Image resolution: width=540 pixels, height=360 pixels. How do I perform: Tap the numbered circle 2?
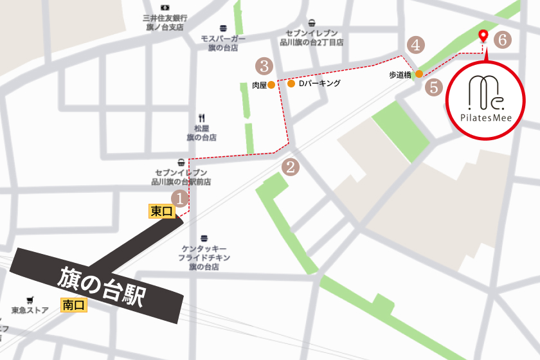(291, 168)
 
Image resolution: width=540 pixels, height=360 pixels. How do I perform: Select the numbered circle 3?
(264, 66)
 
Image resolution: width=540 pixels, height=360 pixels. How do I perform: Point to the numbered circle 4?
(417, 45)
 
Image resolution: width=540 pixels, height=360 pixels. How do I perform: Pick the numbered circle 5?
(435, 87)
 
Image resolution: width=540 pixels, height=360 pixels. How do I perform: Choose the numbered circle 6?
(503, 40)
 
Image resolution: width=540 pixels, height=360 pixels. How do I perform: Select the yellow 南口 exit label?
(74, 305)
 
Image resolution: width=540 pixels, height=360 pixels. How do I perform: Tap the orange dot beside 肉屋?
(271, 84)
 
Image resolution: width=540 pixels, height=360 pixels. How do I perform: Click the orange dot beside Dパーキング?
(291, 84)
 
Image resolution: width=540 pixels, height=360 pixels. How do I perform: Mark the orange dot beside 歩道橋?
(419, 75)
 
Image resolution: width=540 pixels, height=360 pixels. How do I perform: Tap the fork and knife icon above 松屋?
(201, 118)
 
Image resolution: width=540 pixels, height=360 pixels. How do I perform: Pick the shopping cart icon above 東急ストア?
(30, 300)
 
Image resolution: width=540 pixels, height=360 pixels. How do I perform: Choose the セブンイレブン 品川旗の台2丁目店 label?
(311, 37)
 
